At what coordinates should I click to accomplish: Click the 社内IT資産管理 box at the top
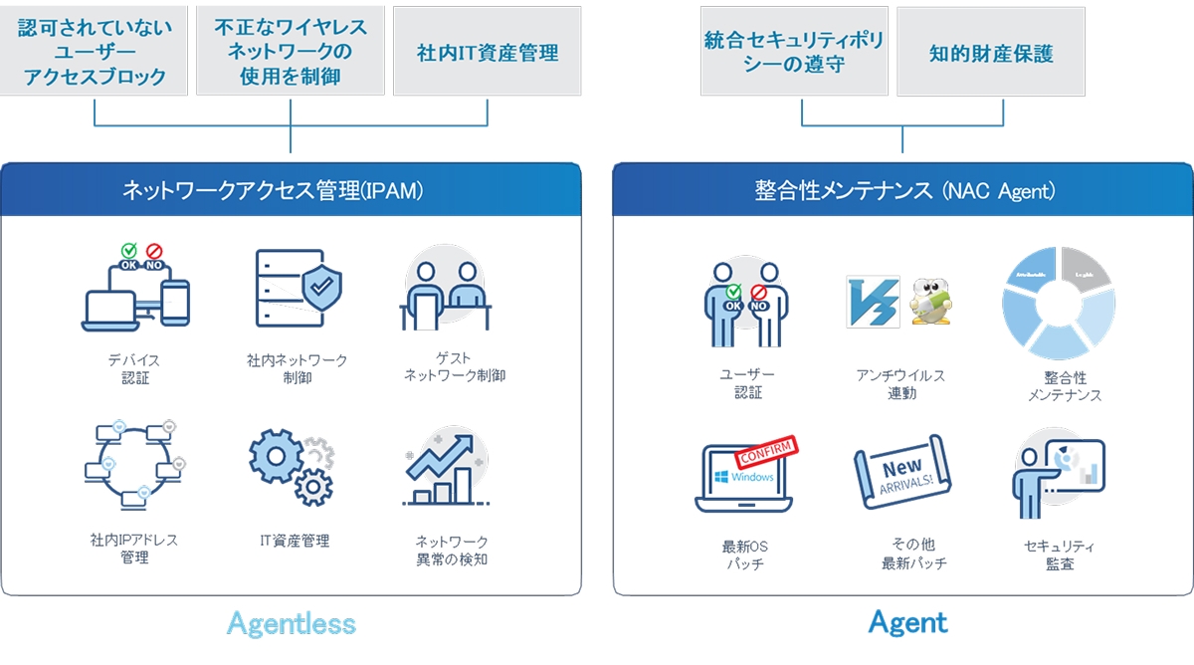click(x=488, y=51)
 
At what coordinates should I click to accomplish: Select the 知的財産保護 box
click(x=991, y=53)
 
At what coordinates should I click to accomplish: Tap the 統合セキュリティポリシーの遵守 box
click(x=794, y=53)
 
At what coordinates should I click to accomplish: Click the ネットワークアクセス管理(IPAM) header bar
click(x=291, y=190)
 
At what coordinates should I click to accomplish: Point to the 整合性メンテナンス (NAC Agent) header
click(x=903, y=190)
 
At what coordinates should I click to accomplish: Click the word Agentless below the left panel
click(x=291, y=624)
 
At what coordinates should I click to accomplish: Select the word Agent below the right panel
click(x=907, y=623)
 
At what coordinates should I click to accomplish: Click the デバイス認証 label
click(x=134, y=368)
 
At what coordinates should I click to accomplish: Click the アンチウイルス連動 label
click(x=900, y=384)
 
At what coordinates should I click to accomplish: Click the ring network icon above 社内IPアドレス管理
click(x=134, y=460)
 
